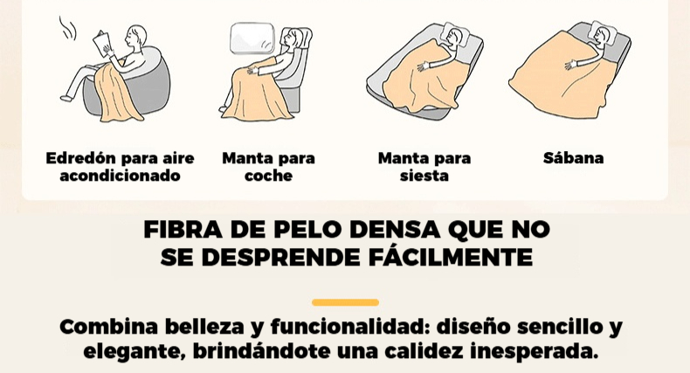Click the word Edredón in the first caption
(80, 158)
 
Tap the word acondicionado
(121, 176)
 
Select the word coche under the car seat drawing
(268, 176)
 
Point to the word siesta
(424, 176)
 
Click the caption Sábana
(573, 158)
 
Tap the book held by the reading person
(101, 43)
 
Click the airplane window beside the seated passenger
(252, 38)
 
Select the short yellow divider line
(346, 302)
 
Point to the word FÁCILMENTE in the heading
(451, 257)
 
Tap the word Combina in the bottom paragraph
(108, 327)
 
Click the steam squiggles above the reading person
(68, 28)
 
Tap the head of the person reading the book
(135, 36)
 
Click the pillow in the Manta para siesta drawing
(456, 34)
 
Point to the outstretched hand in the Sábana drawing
(570, 66)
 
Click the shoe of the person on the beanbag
(66, 98)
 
